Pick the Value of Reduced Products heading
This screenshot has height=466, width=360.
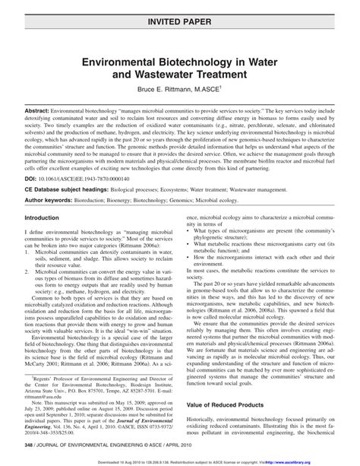[230, 407]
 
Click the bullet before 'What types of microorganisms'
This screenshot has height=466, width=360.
[188, 250]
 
